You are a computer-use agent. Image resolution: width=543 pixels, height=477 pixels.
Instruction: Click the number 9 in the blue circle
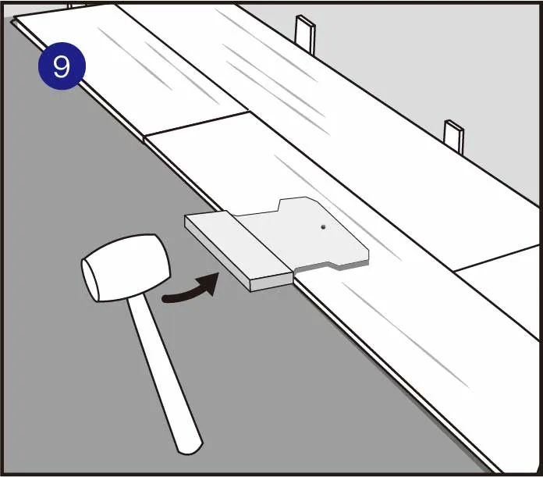coord(62,66)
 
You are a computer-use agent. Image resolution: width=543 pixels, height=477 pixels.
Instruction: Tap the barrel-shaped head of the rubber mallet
coord(126,268)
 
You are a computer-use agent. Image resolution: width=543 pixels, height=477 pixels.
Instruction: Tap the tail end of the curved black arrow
coord(165,298)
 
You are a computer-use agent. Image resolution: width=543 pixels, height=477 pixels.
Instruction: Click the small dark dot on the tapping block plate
coord(323,227)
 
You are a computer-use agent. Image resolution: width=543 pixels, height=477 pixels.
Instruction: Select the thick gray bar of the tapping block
coord(239,251)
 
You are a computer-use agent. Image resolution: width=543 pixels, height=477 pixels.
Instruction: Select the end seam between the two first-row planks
coord(197,123)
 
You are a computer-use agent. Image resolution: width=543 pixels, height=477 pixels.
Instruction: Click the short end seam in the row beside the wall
coord(496,258)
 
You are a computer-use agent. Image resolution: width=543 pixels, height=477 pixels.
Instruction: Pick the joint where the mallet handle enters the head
coord(133,298)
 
